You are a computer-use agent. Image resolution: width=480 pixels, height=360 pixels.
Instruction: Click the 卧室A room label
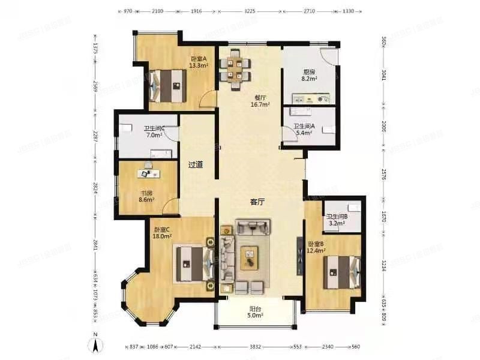point(199,59)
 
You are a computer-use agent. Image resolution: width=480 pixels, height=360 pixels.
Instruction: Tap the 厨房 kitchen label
point(309,71)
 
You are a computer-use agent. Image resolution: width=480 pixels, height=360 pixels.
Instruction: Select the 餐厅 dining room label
point(260,97)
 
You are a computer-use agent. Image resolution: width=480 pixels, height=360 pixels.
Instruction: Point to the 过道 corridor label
point(196,164)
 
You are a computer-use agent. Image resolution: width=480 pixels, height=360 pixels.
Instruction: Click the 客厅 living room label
point(257,202)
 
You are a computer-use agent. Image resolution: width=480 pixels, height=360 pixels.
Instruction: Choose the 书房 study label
point(146,193)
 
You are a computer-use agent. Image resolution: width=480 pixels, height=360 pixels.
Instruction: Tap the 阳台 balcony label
point(255,310)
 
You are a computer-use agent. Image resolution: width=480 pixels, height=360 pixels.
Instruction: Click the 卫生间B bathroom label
point(336,217)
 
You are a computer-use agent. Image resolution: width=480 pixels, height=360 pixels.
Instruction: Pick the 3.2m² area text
point(336,224)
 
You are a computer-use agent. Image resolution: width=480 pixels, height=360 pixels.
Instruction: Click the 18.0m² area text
point(161,236)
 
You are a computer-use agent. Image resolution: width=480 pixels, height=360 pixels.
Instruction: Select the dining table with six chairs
point(235,68)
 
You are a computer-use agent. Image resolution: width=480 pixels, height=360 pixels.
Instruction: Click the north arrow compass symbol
point(94,345)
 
